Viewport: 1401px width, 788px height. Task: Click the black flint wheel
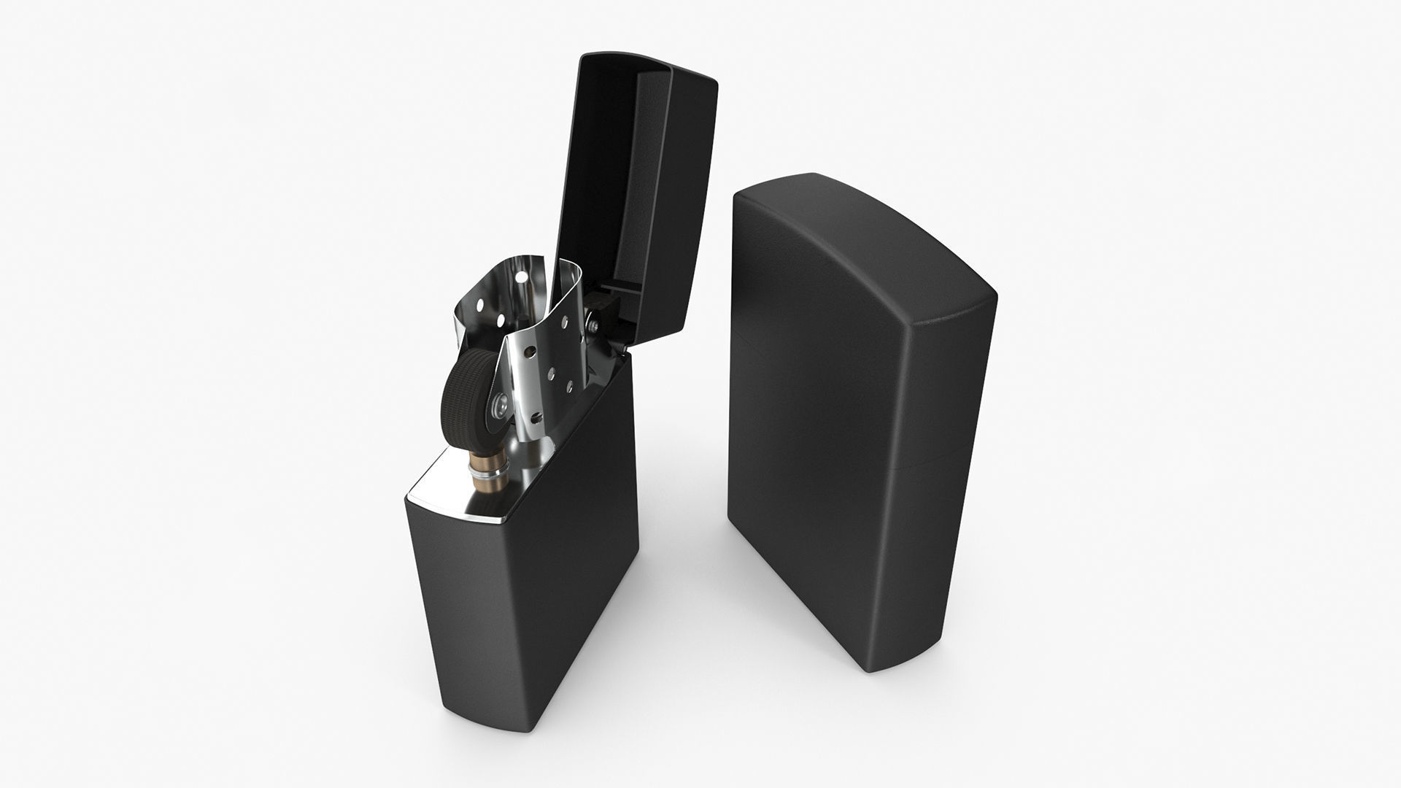(461, 395)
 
